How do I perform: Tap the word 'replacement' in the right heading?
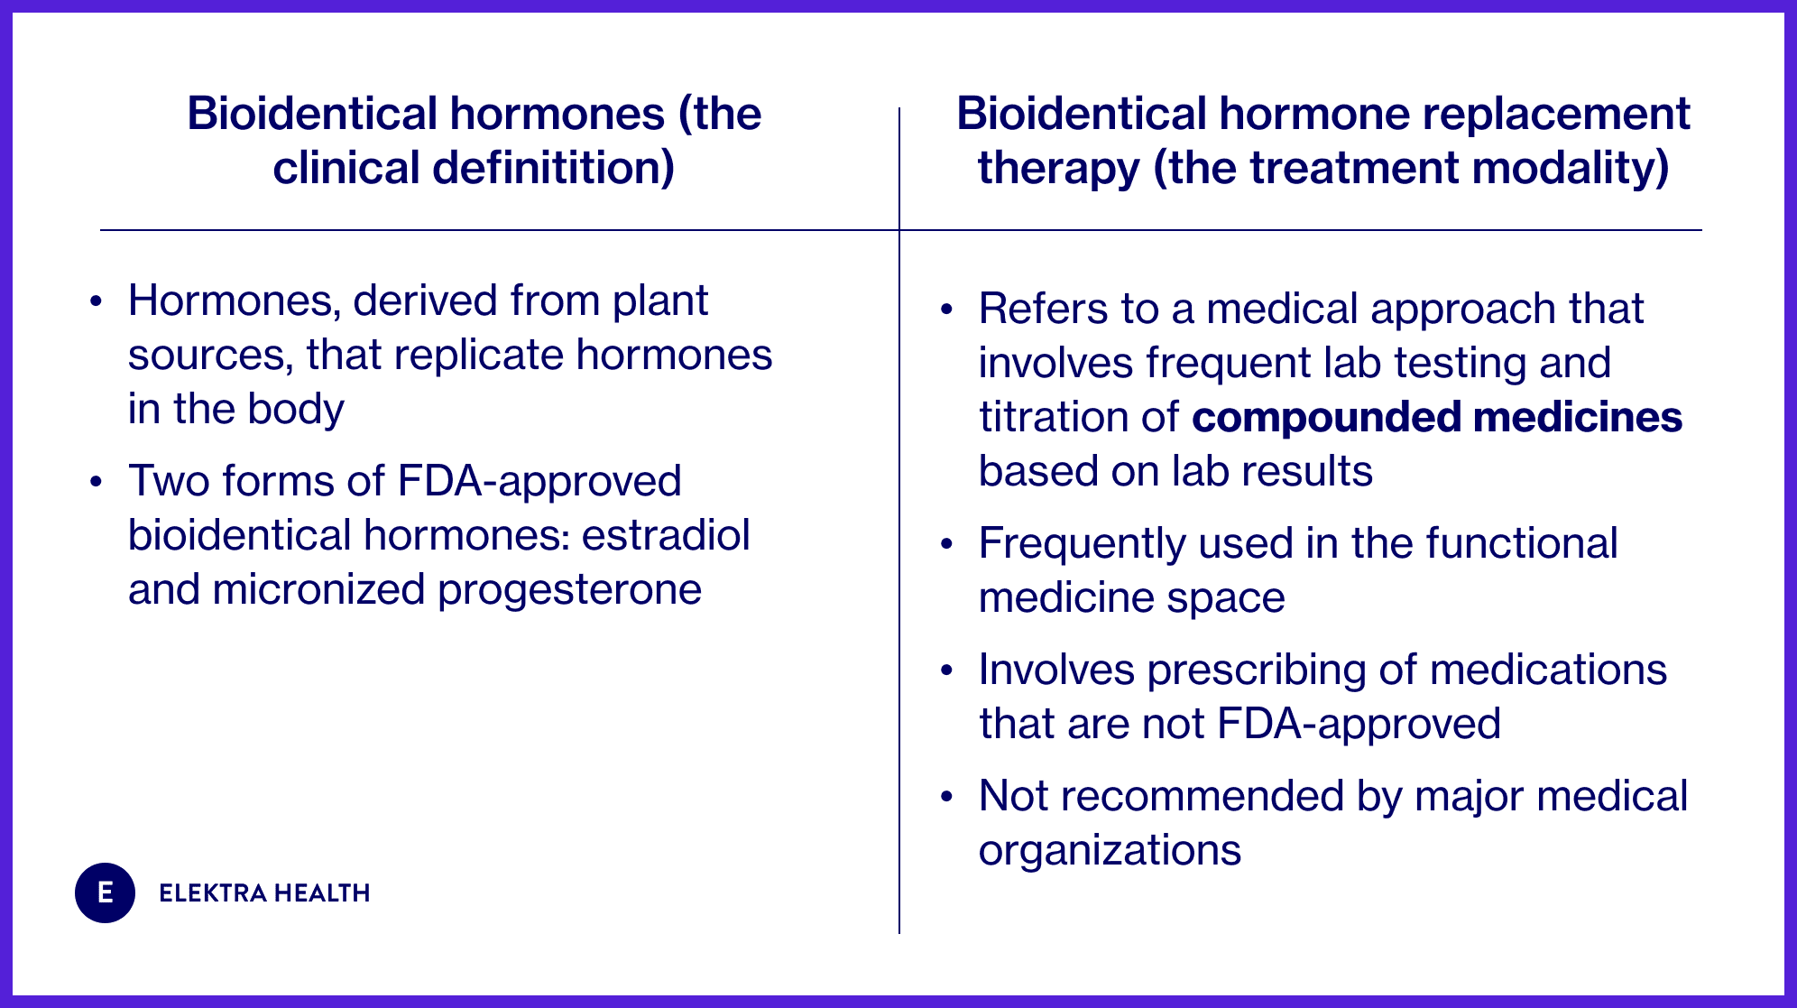click(1556, 115)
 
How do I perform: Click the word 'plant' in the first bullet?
click(660, 301)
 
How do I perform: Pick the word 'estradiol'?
click(666, 534)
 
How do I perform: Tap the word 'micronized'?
click(318, 589)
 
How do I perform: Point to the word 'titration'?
click(1045, 417)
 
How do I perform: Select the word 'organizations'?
click(1110, 851)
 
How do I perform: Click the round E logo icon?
click(105, 892)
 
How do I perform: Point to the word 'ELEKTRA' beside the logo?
click(213, 893)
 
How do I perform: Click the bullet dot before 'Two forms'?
click(97, 481)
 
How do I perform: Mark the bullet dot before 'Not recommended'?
click(946, 796)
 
